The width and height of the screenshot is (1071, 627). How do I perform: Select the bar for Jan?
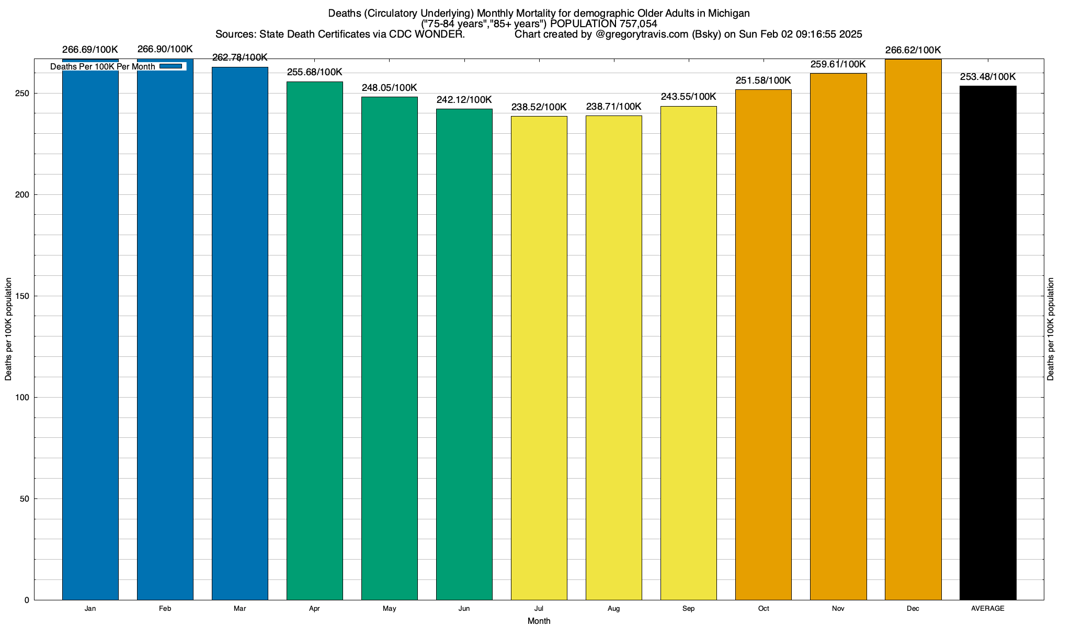(x=90, y=334)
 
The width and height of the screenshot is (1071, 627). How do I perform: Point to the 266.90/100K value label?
(x=165, y=49)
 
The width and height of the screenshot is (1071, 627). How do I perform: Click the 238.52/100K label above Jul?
(x=539, y=107)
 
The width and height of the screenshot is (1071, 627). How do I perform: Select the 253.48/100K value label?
(x=988, y=77)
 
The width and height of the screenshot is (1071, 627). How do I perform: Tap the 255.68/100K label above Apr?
(x=315, y=72)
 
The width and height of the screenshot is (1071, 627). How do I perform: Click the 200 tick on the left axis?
(x=24, y=195)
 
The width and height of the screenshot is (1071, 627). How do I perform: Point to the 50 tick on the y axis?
(x=25, y=499)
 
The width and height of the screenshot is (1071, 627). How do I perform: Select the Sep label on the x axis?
(x=689, y=609)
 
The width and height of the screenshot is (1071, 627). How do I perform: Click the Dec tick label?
(x=913, y=609)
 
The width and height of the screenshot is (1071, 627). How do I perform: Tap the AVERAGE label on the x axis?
(x=988, y=609)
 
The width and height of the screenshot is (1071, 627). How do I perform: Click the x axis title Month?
(x=539, y=621)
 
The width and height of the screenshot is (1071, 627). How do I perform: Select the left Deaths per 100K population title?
(x=8, y=329)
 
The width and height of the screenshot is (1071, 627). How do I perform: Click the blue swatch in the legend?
(x=171, y=66)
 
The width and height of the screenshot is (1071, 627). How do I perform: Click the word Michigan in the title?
(x=729, y=13)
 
